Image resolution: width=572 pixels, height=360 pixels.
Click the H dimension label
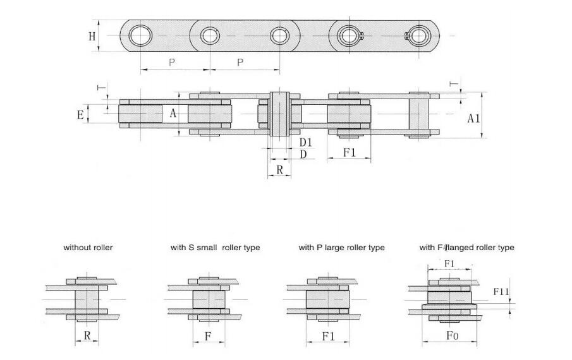[x=92, y=36]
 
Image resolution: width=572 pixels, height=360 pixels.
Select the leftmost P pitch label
[x=172, y=62]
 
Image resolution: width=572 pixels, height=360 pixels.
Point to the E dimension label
[x=80, y=114]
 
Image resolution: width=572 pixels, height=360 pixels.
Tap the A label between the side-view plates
[x=173, y=114]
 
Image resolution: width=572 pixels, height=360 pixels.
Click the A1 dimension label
[x=474, y=118]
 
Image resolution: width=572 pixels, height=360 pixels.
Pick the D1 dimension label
[x=306, y=142]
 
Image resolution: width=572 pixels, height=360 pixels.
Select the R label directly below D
[x=279, y=169]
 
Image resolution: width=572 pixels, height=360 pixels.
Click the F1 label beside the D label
[x=349, y=153]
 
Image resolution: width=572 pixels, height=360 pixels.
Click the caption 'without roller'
[x=88, y=248]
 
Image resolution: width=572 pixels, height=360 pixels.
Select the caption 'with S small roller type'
[x=215, y=248]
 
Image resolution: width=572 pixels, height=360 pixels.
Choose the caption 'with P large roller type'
[x=341, y=248]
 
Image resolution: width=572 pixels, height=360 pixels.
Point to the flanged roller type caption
[x=466, y=248]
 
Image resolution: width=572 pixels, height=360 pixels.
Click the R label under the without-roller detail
[x=87, y=336]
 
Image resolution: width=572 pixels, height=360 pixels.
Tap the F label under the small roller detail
[x=208, y=336]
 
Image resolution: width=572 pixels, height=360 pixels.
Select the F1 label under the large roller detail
[x=328, y=336]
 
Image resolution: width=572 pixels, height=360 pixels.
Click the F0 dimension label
[x=451, y=336]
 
